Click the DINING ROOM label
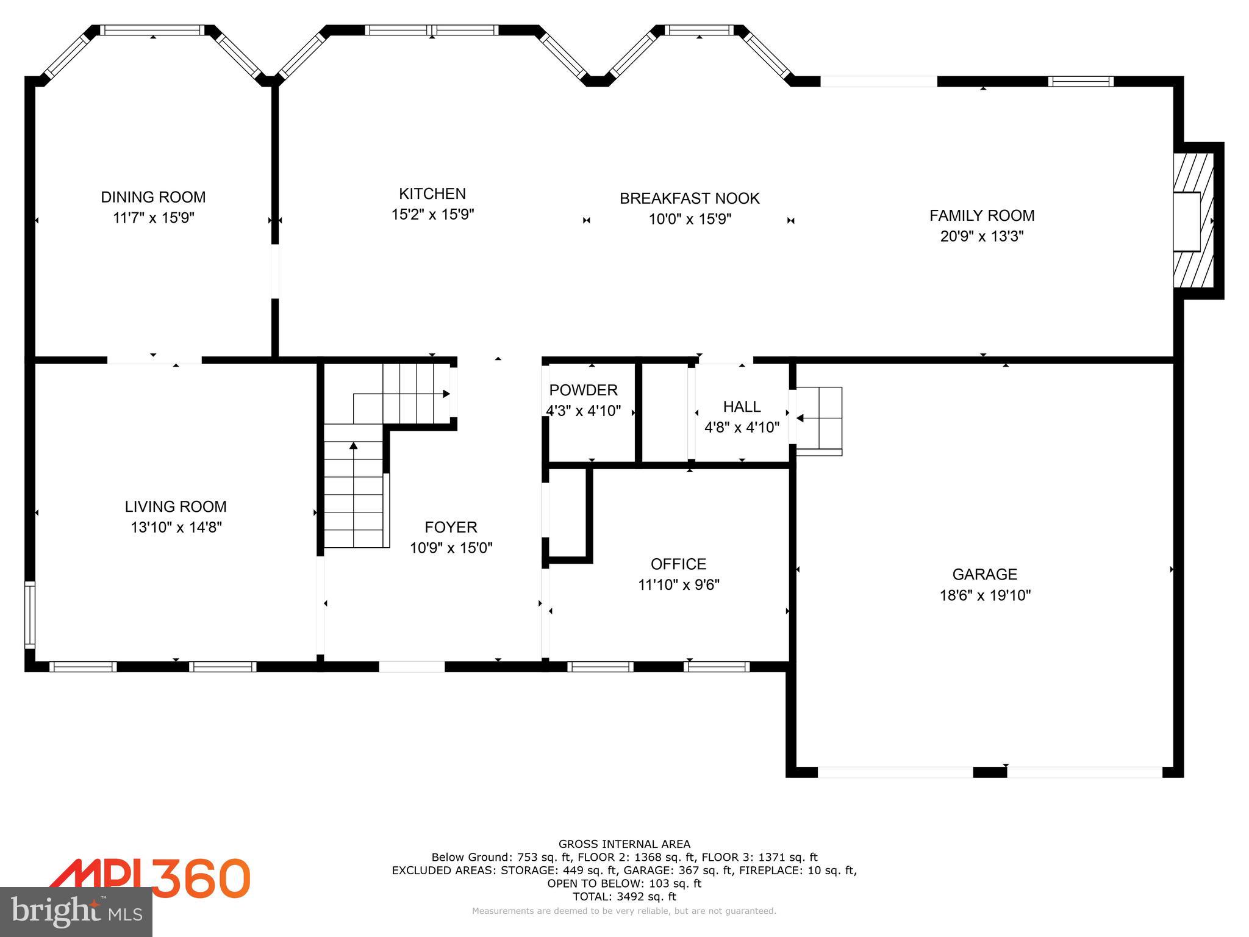pos(153,197)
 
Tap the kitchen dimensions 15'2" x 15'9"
pos(432,214)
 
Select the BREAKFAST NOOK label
pos(689,198)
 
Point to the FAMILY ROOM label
pos(981,215)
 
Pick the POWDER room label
pos(583,390)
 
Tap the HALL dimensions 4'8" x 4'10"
pos(742,427)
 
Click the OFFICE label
pos(678,564)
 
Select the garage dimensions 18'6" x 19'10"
pos(984,595)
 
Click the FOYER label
pos(451,527)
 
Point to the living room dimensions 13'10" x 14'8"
pos(176,527)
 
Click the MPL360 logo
pos(149,878)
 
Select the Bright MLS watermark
pos(76,911)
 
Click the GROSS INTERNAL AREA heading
pos(624,844)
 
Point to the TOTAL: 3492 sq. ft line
pos(624,897)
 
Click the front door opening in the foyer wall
pos(412,667)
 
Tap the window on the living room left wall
pos(29,615)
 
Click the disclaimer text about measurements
pos(624,911)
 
